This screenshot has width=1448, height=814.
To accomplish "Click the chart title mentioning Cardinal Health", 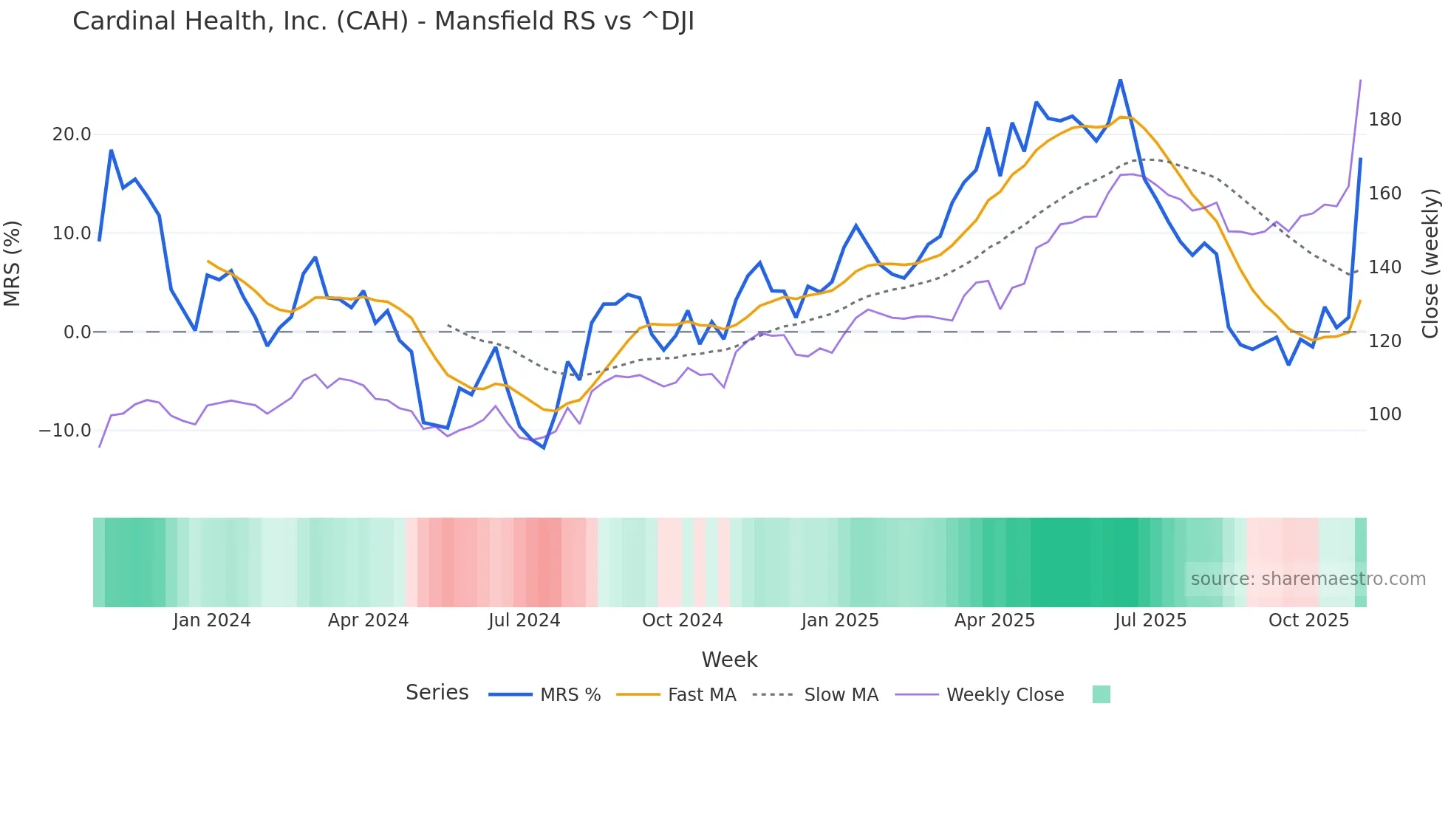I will click(383, 21).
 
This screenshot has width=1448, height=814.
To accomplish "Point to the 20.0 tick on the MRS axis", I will click(72, 134).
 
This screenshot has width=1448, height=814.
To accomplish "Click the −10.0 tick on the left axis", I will click(65, 431).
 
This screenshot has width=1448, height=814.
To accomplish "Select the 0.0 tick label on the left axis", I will click(77, 332).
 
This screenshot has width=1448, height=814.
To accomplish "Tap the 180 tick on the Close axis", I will click(1384, 120).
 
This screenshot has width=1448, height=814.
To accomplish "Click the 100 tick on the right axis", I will click(1384, 414).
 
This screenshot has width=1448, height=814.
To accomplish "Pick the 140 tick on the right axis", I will click(1384, 267).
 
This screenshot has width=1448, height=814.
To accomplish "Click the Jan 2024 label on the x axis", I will click(212, 620).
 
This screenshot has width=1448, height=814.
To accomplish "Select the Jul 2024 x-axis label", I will click(525, 620).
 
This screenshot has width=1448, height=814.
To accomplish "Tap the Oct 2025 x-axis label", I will click(1308, 620).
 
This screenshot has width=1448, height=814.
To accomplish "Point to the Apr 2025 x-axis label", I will click(994, 620).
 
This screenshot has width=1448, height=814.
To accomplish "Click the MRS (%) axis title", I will click(13, 263).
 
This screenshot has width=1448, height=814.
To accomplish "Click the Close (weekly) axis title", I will click(1430, 263).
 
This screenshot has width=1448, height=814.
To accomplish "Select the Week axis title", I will click(729, 660).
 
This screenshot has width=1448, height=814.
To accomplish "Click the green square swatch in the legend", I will click(1101, 694).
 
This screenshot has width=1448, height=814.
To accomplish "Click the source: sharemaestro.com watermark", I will click(1308, 579).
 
